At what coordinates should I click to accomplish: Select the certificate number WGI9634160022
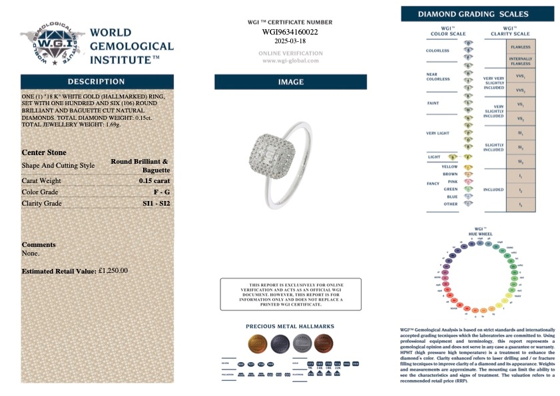tap(290, 31)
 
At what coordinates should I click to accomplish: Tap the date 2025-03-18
tap(290, 41)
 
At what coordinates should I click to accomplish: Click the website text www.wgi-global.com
tap(290, 61)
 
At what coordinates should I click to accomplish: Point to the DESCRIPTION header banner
tap(97, 81)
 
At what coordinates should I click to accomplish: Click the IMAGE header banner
tap(290, 82)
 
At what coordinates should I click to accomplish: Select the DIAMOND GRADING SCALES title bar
tap(477, 14)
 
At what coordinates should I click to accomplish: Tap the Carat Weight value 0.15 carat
tap(154, 180)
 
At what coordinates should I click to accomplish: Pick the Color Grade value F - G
tap(161, 192)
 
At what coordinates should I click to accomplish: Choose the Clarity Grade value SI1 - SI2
tap(156, 203)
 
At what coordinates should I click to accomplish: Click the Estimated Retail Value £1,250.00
tap(113, 271)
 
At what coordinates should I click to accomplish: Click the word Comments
tap(39, 244)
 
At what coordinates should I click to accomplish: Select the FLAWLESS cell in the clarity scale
tap(520, 47)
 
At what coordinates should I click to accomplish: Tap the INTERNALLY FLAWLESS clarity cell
tap(520, 61)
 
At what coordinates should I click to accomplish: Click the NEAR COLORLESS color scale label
tap(437, 77)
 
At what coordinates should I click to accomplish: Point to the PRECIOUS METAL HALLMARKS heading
tap(290, 327)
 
